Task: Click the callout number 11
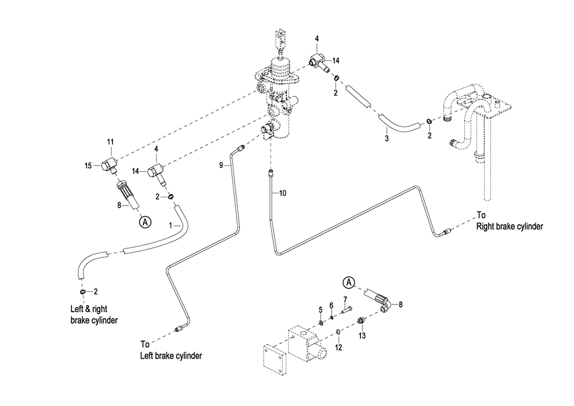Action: tap(110, 142)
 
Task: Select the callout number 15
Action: tap(88, 166)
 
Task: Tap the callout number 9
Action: tap(221, 165)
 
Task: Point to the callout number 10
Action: tap(283, 193)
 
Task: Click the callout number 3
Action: tap(386, 139)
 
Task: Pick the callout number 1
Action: tap(170, 226)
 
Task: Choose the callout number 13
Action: tap(362, 336)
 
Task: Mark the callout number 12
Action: tap(339, 347)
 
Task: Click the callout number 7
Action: tap(345, 300)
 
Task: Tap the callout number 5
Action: tap(320, 310)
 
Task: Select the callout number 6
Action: tap(331, 305)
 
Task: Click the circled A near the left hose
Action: tap(145, 222)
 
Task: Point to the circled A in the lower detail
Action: tap(349, 283)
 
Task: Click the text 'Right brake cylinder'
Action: tap(510, 227)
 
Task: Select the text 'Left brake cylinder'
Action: tap(171, 356)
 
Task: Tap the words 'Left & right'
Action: tap(89, 309)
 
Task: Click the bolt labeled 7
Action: tap(348, 309)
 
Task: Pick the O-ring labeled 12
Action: tap(339, 332)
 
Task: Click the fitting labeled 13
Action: tap(361, 321)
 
